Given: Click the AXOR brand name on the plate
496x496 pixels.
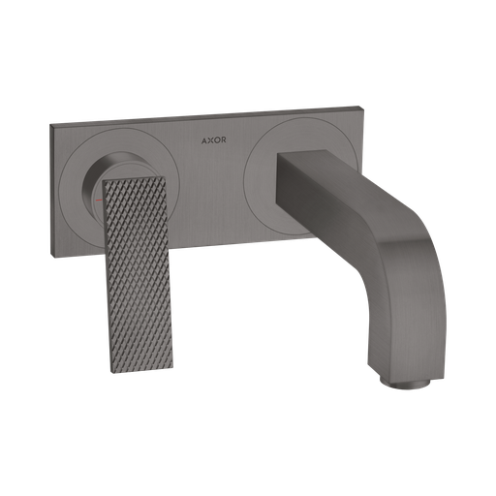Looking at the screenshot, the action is pos(214,140).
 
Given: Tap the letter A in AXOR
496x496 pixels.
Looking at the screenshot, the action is pos(204,140).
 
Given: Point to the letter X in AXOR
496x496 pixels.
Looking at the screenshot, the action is pos(210,140).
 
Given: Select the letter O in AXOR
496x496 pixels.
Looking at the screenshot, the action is pos(217,140).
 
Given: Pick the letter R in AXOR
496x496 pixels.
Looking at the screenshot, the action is pos(224,140).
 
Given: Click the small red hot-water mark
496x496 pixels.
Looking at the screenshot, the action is pos(99,201).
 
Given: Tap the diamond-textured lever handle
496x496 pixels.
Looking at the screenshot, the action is pos(138,274).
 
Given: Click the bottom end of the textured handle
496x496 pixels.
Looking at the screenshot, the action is pos(141,371).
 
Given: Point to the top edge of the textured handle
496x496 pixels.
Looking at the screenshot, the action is pos(134,179).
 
